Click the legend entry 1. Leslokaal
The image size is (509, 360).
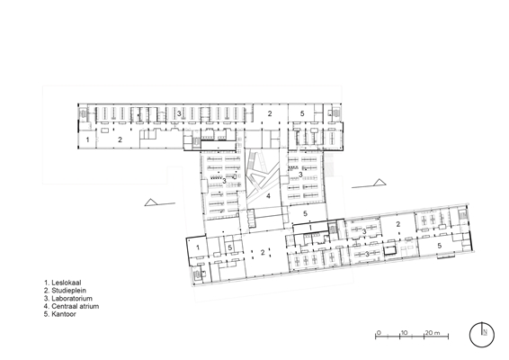pos(63,283)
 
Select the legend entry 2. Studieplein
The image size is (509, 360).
pos(65,291)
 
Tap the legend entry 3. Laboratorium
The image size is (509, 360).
pos(68,298)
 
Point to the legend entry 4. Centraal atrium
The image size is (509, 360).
pos(71,306)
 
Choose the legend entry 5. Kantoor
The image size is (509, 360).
pos(60,314)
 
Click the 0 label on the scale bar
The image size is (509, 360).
pos(379,333)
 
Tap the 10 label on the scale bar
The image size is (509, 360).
pos(404,333)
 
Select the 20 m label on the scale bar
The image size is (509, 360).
pos(433,333)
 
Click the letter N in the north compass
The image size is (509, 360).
pos(485,332)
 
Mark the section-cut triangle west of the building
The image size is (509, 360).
pos(150,202)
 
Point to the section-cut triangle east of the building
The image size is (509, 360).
pos(380,183)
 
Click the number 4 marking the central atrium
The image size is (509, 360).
pos(268,196)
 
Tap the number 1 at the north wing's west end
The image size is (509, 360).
pos(87,140)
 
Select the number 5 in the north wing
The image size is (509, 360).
pos(302,113)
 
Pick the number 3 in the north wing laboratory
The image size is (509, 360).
pos(179,113)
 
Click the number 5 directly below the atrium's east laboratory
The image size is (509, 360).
pos(305,213)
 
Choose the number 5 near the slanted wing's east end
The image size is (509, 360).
pos(440,246)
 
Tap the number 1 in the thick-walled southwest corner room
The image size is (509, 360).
pos(198,247)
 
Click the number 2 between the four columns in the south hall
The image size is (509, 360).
pos(263,252)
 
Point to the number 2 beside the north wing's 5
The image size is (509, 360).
pos(270,113)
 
